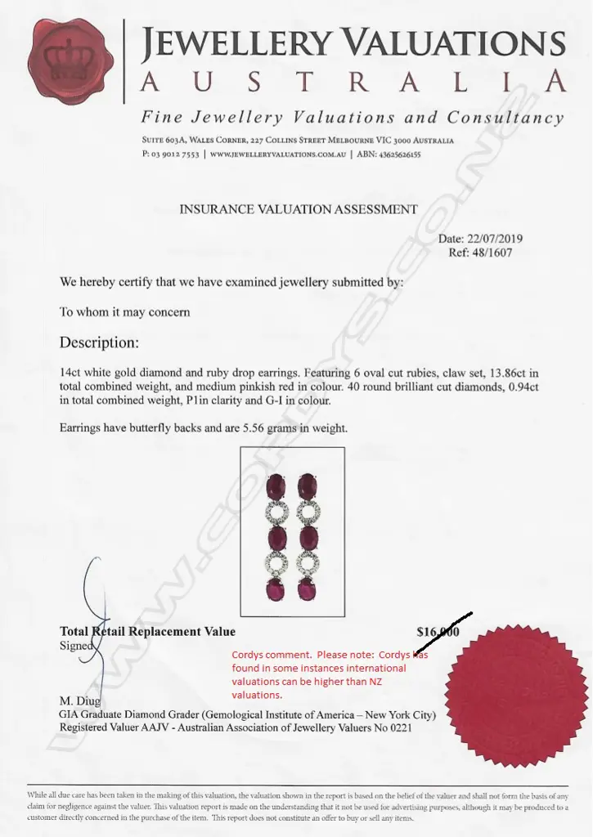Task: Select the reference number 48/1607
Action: pyautogui.click(x=495, y=253)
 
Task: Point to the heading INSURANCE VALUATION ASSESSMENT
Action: pyautogui.click(x=298, y=209)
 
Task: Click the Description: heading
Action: pyautogui.click(x=99, y=342)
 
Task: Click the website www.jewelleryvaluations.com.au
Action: pyautogui.click(x=277, y=154)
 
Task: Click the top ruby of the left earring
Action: pyautogui.click(x=276, y=487)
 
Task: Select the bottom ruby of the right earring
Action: pyautogui.click(x=307, y=589)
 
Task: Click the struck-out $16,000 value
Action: pyautogui.click(x=438, y=632)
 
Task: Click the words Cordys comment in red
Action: pyautogui.click(x=270, y=655)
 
